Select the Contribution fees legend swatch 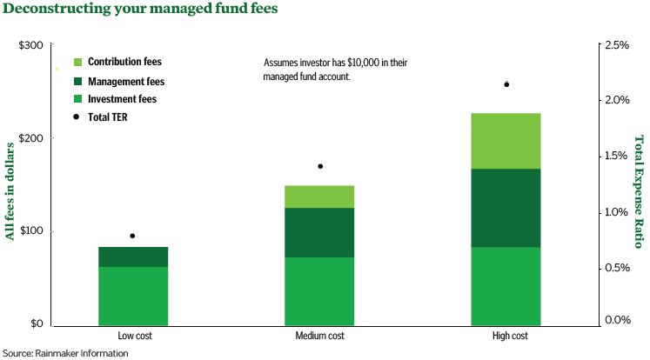pos(77,63)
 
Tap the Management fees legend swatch pos(77,81)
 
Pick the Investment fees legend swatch pos(77,99)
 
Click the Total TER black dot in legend pos(77,117)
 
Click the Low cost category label pos(133,336)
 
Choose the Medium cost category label pos(319,336)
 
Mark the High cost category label pos(506,336)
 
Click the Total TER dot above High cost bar pos(506,84)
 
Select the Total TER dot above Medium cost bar pos(320,166)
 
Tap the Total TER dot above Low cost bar pos(132,236)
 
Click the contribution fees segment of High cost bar pos(506,141)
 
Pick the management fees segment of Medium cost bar pos(319,232)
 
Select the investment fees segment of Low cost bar pos(133,296)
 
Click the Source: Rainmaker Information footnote pos(65,353)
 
